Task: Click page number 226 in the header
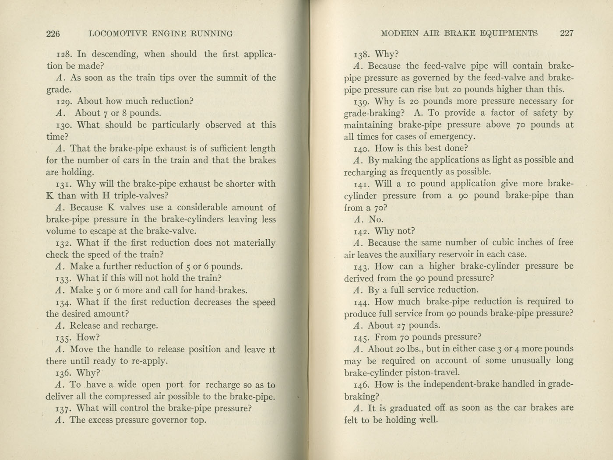(x=53, y=34)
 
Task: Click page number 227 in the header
(x=566, y=33)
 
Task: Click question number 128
(x=65, y=54)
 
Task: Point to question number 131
(x=65, y=184)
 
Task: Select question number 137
(x=64, y=409)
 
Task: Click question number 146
(x=362, y=385)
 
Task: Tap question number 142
(x=362, y=231)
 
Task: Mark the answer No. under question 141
(x=376, y=219)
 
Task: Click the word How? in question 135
(x=88, y=338)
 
